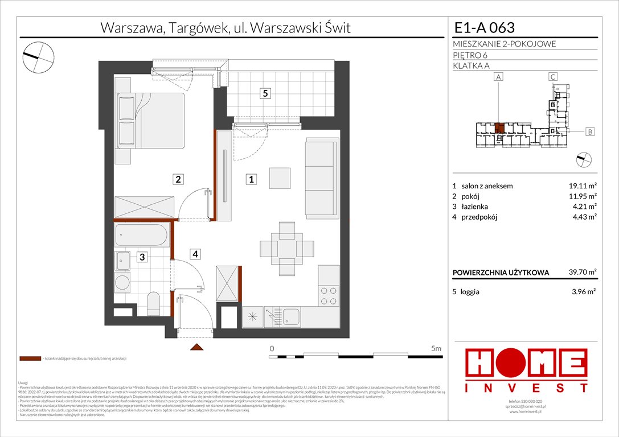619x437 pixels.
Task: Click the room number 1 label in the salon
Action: pyautogui.click(x=251, y=180)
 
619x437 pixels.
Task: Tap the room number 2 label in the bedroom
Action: pyautogui.click(x=178, y=180)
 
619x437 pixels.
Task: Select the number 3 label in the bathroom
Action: pyautogui.click(x=142, y=257)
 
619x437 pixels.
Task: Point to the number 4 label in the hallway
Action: pyautogui.click(x=195, y=254)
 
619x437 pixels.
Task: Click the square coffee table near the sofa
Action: pyautogui.click(x=280, y=178)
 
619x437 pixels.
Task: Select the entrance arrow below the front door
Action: pyautogui.click(x=196, y=347)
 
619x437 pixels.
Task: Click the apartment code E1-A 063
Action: pyautogui.click(x=485, y=28)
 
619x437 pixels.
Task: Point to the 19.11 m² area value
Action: pyautogui.click(x=581, y=186)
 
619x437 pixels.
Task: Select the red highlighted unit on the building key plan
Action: pyautogui.click(x=499, y=127)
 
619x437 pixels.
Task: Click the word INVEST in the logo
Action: pyautogui.click(x=527, y=388)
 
